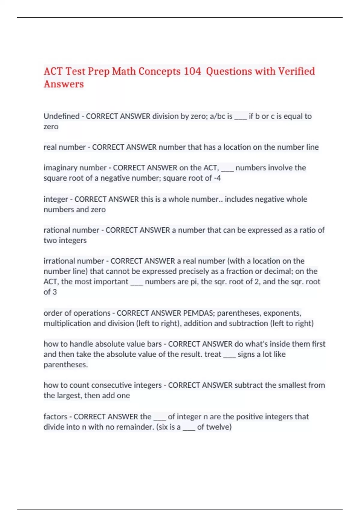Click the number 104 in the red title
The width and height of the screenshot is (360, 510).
click(192, 71)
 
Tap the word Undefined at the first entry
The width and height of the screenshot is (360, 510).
click(61, 116)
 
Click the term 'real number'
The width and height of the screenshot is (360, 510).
click(64, 147)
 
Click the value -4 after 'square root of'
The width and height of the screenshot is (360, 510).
click(217, 178)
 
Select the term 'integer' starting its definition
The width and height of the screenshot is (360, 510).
click(56, 199)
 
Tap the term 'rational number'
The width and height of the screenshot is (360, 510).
click(71, 230)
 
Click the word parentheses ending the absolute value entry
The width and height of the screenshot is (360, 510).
click(65, 364)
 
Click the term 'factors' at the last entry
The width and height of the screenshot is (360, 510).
click(55, 416)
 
